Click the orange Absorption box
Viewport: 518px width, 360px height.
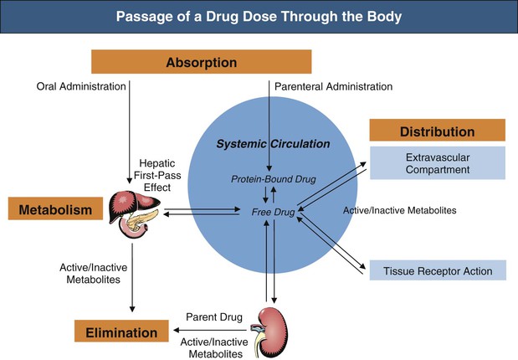(201, 63)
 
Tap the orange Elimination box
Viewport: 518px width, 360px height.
(120, 332)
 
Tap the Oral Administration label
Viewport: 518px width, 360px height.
(81, 86)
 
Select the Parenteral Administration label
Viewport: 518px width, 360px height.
(333, 86)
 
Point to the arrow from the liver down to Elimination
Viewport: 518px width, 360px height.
(131, 276)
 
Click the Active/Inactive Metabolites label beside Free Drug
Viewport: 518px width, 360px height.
(399, 210)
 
